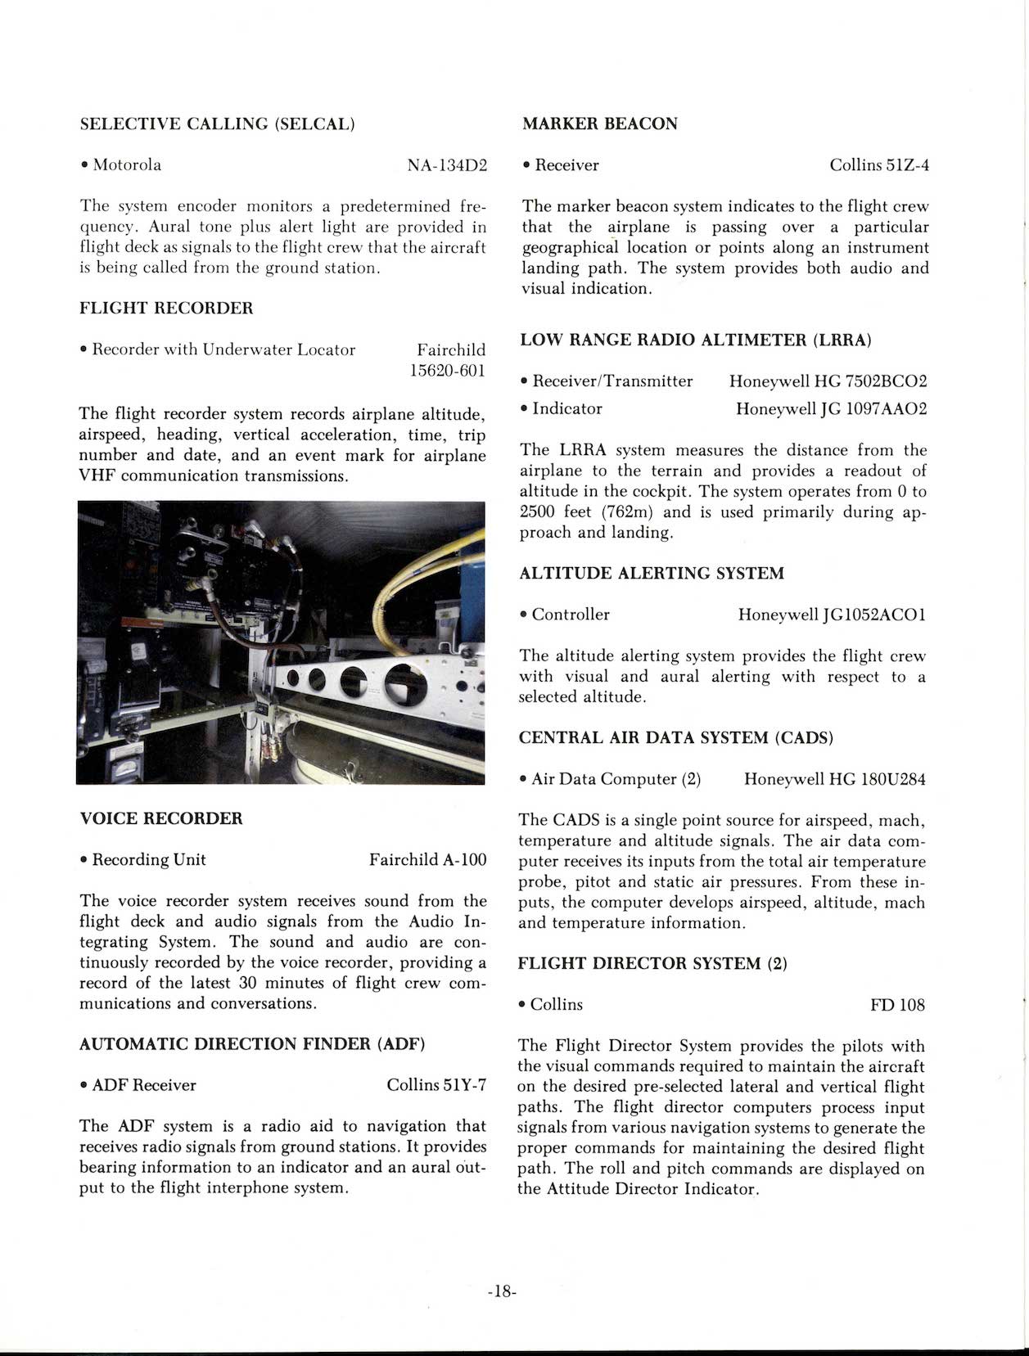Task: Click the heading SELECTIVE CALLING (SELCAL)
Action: coord(217,124)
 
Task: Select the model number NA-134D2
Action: coord(447,165)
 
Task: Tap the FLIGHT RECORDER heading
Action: coord(166,309)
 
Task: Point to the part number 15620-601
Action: coord(448,371)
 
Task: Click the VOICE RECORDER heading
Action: coord(161,818)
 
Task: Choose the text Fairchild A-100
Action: coord(427,860)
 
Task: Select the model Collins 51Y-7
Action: coord(436,1085)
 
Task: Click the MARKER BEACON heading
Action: coord(600,124)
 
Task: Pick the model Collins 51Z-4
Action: coord(879,165)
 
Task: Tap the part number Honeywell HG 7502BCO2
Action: coord(828,381)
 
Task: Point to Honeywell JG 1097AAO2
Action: coord(831,408)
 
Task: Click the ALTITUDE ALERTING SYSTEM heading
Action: coord(652,574)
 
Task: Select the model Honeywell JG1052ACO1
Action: coord(832,615)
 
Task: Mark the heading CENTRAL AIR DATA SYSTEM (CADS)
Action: coord(676,738)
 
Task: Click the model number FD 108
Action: coord(898,1005)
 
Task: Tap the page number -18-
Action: coord(501,1292)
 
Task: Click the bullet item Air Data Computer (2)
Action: coord(616,779)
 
